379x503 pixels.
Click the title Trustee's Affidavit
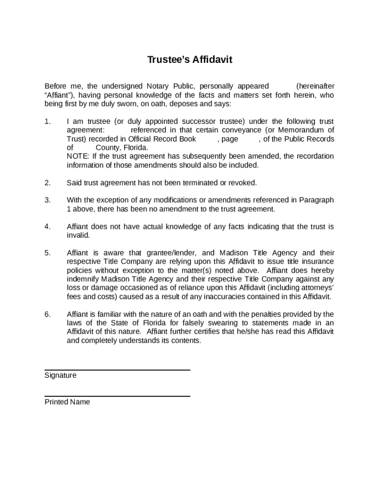coord(189,60)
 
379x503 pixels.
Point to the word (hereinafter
coord(315,86)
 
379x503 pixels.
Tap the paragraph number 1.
coord(47,121)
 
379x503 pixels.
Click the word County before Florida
coord(107,147)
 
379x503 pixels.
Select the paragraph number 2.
coord(47,183)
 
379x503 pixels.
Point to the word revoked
coord(242,183)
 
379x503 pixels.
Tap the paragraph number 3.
coord(47,200)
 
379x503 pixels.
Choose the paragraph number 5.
coord(47,253)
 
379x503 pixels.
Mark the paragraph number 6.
coord(47,314)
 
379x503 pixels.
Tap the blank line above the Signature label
coord(117,369)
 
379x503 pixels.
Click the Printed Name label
coord(67,402)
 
